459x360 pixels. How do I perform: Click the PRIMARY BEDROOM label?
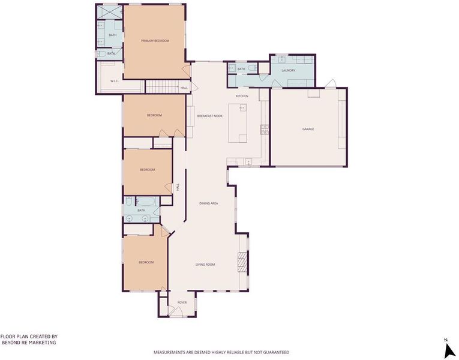[x=155, y=41]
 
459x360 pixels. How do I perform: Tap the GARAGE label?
[x=308, y=129]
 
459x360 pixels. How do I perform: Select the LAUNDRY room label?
[x=289, y=71]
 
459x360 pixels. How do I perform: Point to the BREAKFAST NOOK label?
[x=209, y=116]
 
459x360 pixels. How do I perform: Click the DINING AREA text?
[x=208, y=203]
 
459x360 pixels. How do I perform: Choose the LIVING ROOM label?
[x=205, y=265]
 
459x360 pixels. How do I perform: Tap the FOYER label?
[x=182, y=302]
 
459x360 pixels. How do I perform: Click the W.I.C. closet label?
[x=114, y=81]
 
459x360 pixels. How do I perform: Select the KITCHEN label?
[x=242, y=96]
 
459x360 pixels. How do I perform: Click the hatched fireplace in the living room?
[x=242, y=263]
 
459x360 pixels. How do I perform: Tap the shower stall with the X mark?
[x=109, y=12]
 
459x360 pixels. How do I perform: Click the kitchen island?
[x=238, y=123]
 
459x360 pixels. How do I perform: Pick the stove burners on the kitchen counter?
[x=265, y=130]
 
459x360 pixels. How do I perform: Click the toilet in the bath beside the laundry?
[x=253, y=68]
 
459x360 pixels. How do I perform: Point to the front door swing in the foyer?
[x=175, y=311]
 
